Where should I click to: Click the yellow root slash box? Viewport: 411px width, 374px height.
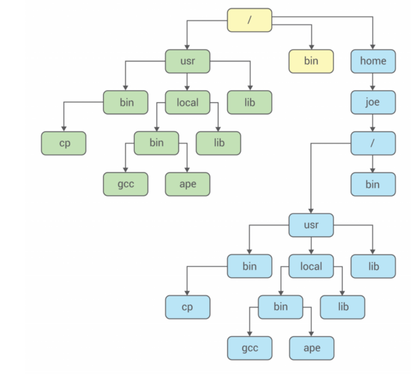[249, 20]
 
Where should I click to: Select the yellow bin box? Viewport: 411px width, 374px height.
[311, 61]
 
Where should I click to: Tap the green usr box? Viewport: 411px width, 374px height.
[188, 61]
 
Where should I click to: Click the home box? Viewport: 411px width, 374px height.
[373, 61]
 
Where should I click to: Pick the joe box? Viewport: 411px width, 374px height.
[373, 102]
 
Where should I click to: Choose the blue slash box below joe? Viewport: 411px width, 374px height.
[373, 143]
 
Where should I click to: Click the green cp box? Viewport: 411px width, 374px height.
[64, 143]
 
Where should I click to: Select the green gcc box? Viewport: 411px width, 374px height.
[126, 184]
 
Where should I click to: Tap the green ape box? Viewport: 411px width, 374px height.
[188, 184]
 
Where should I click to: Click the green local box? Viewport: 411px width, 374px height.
[188, 102]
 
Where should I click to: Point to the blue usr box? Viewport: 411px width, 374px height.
[311, 225]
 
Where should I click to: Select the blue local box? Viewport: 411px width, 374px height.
[311, 266]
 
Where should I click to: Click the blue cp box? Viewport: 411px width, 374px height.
[188, 307]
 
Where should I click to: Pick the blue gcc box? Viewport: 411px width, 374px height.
[249, 348]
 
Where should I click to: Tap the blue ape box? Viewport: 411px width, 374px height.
[311, 348]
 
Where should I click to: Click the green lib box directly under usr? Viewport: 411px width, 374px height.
[249, 102]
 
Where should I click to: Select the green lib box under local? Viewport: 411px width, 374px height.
[219, 143]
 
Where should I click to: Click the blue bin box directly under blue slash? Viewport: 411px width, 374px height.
[373, 184]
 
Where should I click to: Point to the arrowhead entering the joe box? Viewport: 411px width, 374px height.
[373, 88]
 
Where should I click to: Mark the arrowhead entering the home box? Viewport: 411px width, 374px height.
[373, 47]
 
